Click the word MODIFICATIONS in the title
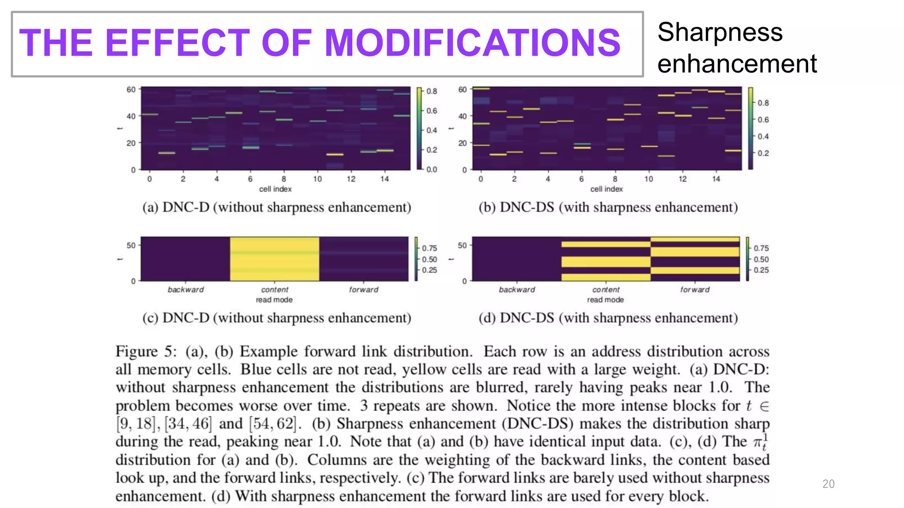472,43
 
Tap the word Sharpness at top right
719,33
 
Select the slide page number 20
828,484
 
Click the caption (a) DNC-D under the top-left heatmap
276,207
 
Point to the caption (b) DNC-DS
608,207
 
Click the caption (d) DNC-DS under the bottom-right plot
608,318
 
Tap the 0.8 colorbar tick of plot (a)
431,91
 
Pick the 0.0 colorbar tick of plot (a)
431,169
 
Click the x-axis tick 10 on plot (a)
317,179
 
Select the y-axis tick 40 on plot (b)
462,116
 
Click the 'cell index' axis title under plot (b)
606,189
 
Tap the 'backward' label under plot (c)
185,290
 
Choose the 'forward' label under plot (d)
695,290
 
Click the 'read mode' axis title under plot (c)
274,300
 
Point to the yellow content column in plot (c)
274,259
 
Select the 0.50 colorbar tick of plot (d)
761,259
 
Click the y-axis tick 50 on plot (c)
131,245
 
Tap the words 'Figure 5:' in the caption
146,351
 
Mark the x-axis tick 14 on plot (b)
716,179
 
